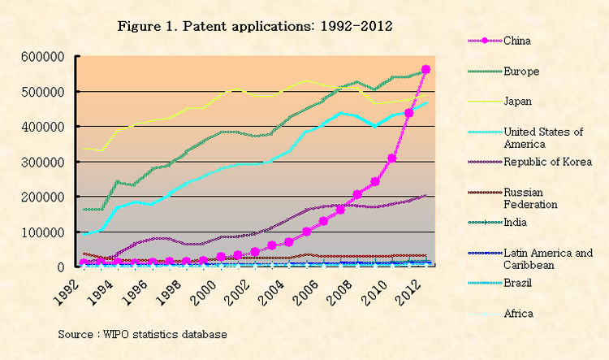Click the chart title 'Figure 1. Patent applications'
255,26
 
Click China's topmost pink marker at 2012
426,69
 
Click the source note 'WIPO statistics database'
142,334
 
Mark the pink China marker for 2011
409,113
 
